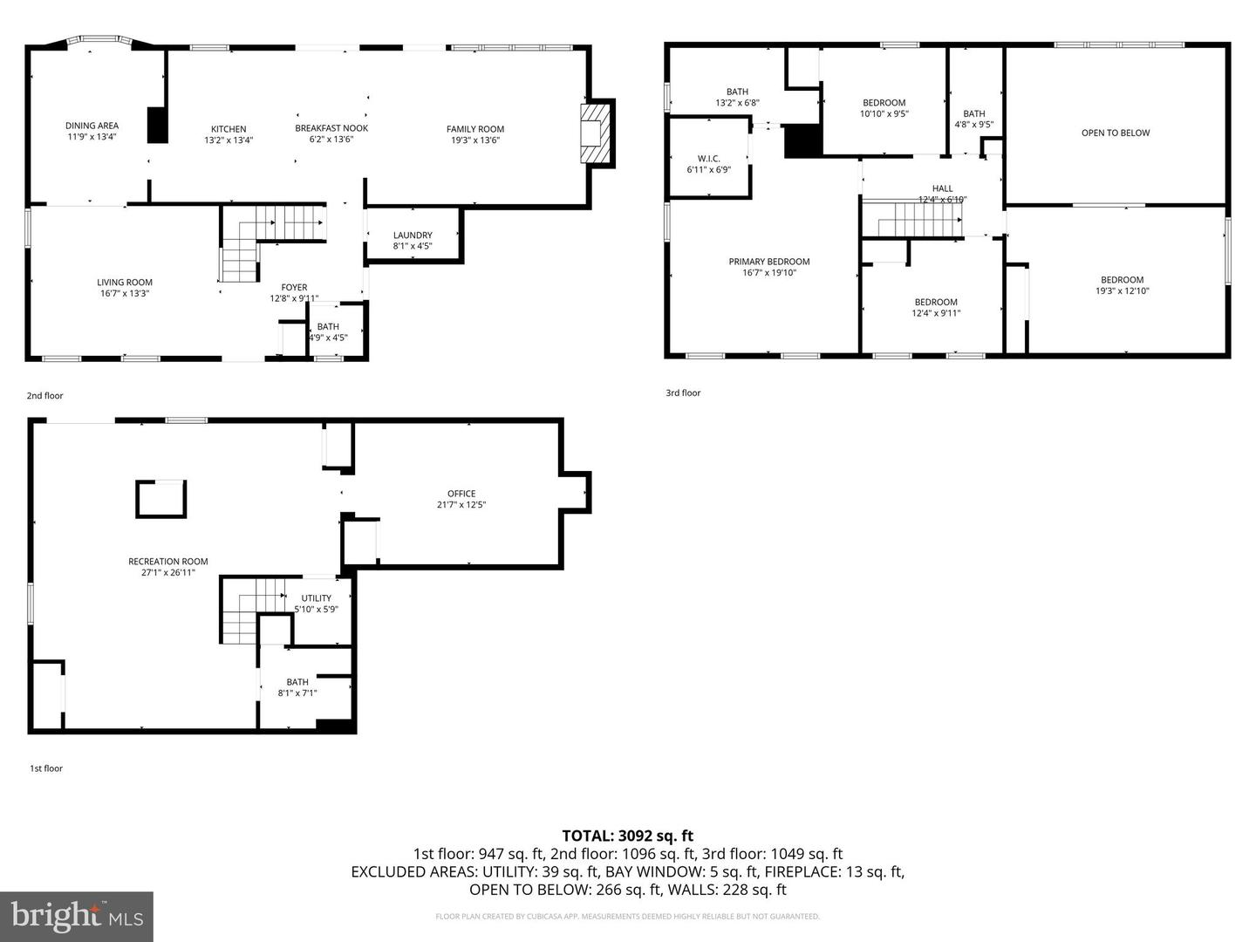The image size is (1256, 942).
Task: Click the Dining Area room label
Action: point(92,126)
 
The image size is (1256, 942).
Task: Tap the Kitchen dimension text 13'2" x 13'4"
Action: point(229,140)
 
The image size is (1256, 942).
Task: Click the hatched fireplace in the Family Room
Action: point(597,133)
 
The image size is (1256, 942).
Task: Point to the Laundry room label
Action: point(413,235)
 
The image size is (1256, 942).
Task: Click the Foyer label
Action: point(294,287)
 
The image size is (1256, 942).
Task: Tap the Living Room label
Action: point(125,282)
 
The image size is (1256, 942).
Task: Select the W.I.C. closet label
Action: point(708,159)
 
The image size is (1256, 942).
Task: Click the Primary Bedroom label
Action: point(769,262)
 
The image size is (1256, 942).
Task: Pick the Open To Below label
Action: point(1116,133)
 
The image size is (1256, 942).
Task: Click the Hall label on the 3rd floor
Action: point(942,188)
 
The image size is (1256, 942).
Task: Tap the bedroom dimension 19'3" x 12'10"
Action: point(1123,291)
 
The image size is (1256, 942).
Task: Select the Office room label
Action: point(461,494)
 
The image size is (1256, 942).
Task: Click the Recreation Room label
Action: point(168,562)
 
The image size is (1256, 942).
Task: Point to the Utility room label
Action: point(316,598)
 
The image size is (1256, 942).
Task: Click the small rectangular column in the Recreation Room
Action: point(161,499)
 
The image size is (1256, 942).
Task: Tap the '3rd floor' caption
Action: point(683,393)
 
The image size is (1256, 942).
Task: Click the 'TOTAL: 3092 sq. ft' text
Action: point(627,836)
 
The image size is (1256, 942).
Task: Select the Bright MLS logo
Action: point(77,916)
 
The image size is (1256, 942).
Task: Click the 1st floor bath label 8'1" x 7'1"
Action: point(297,693)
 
